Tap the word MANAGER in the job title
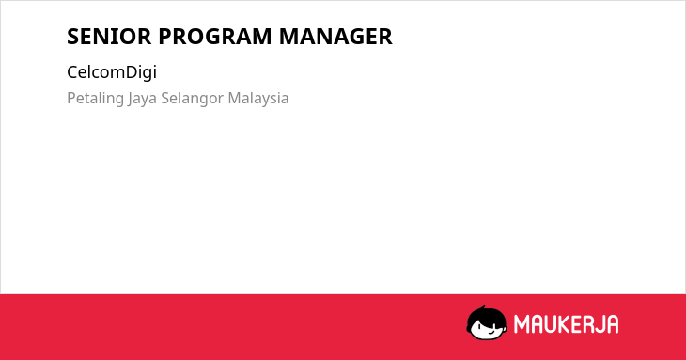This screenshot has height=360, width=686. (x=335, y=37)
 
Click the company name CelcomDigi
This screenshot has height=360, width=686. (x=112, y=72)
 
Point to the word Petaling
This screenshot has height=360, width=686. (x=95, y=99)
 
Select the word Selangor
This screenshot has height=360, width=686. (x=193, y=99)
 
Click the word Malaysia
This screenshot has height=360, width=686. (x=258, y=99)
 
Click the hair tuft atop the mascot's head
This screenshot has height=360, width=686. (x=483, y=308)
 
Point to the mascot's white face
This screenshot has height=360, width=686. (x=487, y=329)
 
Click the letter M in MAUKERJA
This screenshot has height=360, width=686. (x=522, y=324)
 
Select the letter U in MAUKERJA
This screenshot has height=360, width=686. (x=553, y=324)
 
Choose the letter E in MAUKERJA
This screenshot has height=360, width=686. (x=583, y=324)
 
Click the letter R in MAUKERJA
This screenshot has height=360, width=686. (x=596, y=324)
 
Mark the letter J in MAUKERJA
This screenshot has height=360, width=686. (x=605, y=324)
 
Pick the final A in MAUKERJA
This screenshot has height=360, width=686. (x=613, y=324)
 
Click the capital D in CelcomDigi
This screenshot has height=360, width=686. (x=132, y=72)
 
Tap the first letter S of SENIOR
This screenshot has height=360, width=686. (x=72, y=37)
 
